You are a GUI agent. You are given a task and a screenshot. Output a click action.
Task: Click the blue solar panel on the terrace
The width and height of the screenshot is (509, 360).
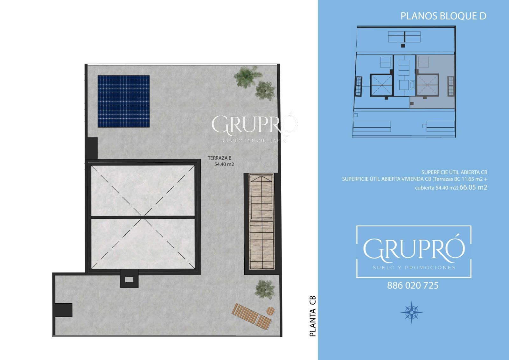pyautogui.click(x=124, y=102)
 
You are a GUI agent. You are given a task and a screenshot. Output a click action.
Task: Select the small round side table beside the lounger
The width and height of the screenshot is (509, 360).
pyautogui.click(x=270, y=311)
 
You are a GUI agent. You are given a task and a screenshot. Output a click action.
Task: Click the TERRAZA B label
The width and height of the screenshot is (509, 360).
pyautogui.click(x=220, y=158)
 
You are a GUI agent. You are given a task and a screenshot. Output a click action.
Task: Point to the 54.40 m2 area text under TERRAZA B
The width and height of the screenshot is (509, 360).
pyautogui.click(x=224, y=164)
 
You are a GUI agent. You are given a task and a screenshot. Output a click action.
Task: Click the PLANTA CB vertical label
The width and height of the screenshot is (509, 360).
pyautogui.click(x=313, y=316)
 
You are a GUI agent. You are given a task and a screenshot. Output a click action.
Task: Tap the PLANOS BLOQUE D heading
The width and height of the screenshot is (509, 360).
pyautogui.click(x=443, y=16)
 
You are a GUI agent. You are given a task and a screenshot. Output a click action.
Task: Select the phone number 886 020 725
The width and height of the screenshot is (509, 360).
pyautogui.click(x=413, y=286)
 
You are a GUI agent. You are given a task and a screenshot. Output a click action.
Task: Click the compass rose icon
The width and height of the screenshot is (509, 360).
pyautogui.click(x=412, y=312)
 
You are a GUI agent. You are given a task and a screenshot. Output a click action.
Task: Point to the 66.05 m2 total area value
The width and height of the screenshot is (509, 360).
pyautogui.click(x=473, y=187)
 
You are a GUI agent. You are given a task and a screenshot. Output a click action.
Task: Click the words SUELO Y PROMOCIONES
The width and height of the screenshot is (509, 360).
pyautogui.click(x=414, y=268)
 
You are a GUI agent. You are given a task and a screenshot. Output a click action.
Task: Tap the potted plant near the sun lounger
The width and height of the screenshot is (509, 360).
pyautogui.click(x=265, y=289)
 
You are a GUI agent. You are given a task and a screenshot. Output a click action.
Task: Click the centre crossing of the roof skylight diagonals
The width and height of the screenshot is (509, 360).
pyautogui.click(x=143, y=217)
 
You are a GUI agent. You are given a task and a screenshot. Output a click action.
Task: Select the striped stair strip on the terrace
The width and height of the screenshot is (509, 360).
pyautogui.click(x=261, y=222)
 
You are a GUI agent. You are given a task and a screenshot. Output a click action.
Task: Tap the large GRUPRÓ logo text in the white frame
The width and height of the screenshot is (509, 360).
pyautogui.click(x=414, y=249)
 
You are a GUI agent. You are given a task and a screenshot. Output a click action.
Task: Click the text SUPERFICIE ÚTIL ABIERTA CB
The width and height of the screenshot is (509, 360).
pyautogui.click(x=454, y=172)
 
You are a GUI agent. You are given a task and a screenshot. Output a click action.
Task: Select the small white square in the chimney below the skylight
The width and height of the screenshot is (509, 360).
pyautogui.click(x=129, y=279)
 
